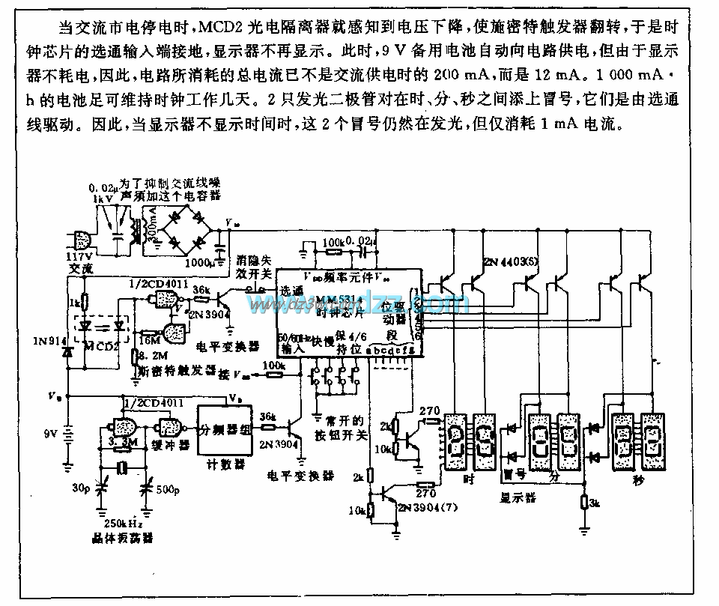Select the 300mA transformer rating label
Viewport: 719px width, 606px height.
[x=152, y=222]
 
